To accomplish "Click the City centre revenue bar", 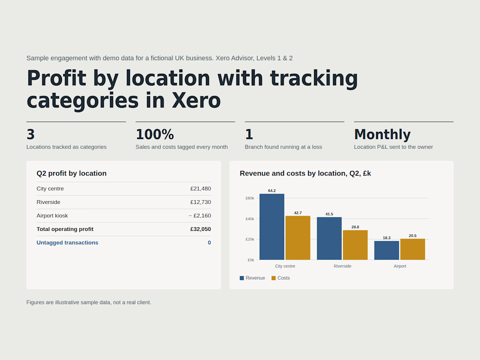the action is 272,227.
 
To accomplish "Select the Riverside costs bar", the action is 355,245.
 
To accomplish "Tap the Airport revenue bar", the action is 387,250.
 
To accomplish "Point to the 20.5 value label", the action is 413,236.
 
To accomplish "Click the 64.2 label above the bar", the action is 272,191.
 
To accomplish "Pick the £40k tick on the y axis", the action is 250,219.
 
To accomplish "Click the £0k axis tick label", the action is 251,260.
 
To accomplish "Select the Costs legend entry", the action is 281,278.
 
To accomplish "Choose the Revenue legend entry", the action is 252,278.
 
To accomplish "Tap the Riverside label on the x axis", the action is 343,266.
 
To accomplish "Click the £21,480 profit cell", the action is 201,189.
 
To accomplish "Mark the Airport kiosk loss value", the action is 200,216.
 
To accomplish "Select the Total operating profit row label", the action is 65,229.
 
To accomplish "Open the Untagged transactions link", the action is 67,243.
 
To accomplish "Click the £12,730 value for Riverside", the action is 201,202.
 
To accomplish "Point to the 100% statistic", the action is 155,134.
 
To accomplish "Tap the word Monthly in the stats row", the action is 382,134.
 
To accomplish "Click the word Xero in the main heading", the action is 196,100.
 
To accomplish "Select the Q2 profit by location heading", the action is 72,173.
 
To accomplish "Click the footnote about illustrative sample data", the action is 89,302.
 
